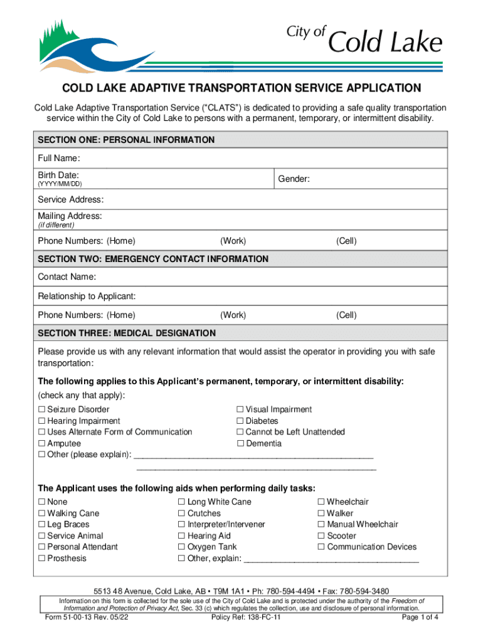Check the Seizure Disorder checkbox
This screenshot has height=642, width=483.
(42, 410)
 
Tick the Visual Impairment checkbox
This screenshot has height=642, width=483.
(240, 410)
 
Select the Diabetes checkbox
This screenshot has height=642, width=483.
(240, 421)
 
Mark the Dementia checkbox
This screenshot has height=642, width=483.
(240, 444)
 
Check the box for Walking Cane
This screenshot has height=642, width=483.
(42, 513)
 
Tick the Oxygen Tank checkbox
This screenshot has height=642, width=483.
(182, 547)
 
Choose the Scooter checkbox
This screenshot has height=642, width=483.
(322, 536)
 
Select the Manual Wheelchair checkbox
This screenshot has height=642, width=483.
(322, 525)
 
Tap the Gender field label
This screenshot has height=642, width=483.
(294, 179)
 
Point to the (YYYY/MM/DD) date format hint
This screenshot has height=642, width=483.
(60, 184)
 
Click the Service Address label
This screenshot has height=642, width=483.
(70, 199)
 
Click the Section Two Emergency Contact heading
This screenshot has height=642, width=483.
(153, 259)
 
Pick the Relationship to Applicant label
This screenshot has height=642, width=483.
(87, 296)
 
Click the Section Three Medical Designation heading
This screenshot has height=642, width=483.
(127, 333)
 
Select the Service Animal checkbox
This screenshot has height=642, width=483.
(42, 536)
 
